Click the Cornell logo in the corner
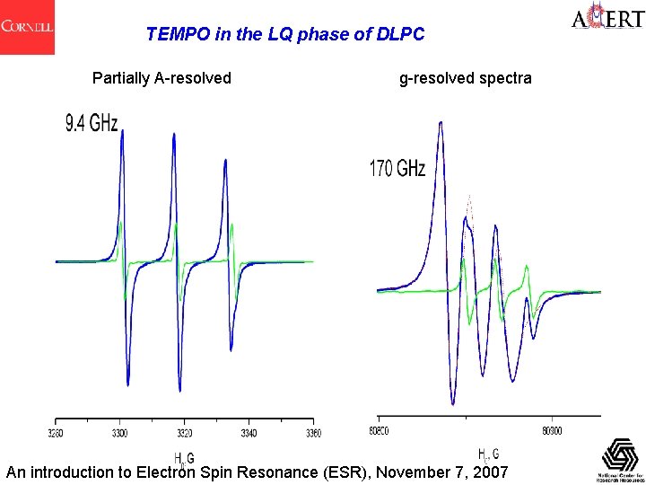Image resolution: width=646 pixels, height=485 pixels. coord(27,27)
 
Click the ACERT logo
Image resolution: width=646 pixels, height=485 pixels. coord(607,19)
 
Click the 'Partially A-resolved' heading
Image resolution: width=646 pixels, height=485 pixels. coord(161,78)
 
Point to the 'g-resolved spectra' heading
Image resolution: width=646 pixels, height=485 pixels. coord(465,78)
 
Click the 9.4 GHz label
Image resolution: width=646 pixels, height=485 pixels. coord(91,124)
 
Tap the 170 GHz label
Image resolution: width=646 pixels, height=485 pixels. coord(397,169)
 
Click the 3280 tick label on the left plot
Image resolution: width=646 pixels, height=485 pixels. coord(56,434)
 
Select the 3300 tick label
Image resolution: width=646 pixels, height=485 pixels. coord(119,434)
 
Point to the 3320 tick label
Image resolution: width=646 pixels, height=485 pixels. coord(184,434)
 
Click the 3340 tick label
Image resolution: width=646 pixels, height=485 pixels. coord(249,434)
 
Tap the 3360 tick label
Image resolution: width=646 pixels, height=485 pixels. coord(312,434)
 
